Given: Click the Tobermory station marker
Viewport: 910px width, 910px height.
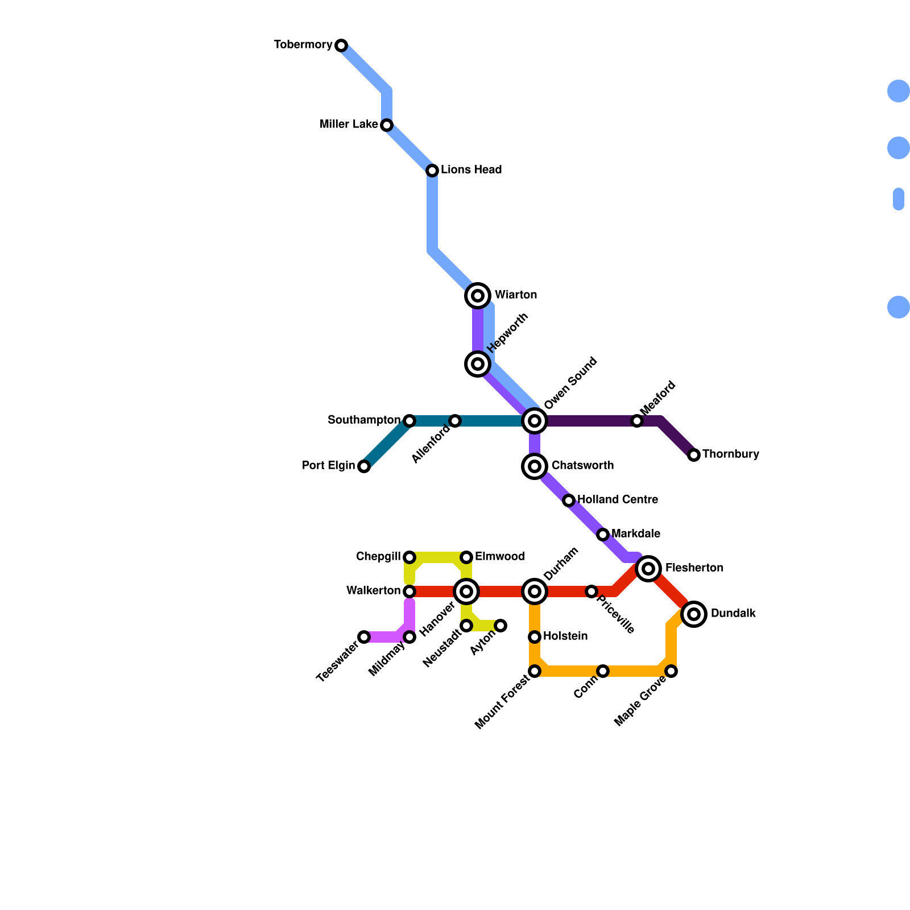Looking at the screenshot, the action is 341,45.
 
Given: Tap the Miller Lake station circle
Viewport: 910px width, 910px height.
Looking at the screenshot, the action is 387,125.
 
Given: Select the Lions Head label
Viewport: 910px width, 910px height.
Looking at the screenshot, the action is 471,170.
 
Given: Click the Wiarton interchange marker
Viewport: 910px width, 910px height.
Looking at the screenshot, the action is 478,296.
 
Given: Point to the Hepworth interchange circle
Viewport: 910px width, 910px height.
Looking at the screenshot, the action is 478,364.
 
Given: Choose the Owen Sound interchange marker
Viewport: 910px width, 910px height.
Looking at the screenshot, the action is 535,421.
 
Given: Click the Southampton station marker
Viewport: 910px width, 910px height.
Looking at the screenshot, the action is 409,421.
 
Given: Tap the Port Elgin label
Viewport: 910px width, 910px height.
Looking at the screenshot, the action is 328,466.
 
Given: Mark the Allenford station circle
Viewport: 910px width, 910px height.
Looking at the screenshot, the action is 455,421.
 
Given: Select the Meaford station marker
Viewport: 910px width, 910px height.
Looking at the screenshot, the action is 637,421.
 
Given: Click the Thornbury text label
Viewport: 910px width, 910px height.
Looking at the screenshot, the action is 730,454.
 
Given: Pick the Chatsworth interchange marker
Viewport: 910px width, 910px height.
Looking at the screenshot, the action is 535,466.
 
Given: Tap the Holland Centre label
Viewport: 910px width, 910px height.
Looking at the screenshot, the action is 617,500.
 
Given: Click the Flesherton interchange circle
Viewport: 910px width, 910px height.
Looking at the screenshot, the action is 648,568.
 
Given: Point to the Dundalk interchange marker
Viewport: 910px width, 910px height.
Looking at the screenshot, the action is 694,614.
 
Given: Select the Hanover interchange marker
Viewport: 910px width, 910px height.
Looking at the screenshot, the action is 466,591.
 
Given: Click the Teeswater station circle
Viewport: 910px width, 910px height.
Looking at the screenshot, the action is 364,637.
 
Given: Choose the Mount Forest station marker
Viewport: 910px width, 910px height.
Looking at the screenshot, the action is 535,671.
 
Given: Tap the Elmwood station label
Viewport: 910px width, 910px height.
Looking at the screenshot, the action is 499,557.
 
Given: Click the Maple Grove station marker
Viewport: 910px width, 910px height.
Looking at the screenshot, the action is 671,671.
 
